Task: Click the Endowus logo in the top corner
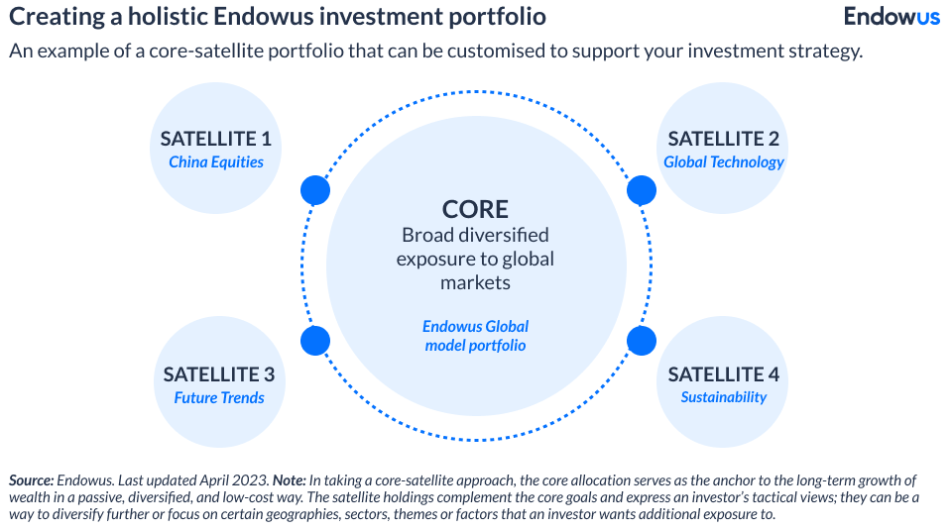coord(892,17)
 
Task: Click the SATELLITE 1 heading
coord(216,139)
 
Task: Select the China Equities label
coord(216,161)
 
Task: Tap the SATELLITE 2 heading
coord(723,139)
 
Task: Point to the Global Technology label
coord(723,161)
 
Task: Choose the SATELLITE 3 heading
coord(218,374)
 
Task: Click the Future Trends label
coord(219,397)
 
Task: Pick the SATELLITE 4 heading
coord(723,374)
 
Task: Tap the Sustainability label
coord(723,397)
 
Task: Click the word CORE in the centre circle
coord(475,209)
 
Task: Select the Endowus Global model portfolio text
coord(475,336)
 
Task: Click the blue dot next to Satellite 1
coord(314,190)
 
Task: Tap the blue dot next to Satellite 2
coord(642,190)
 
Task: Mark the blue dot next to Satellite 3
coord(314,341)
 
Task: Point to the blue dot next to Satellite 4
coord(642,341)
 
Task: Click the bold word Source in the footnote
coord(31,479)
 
